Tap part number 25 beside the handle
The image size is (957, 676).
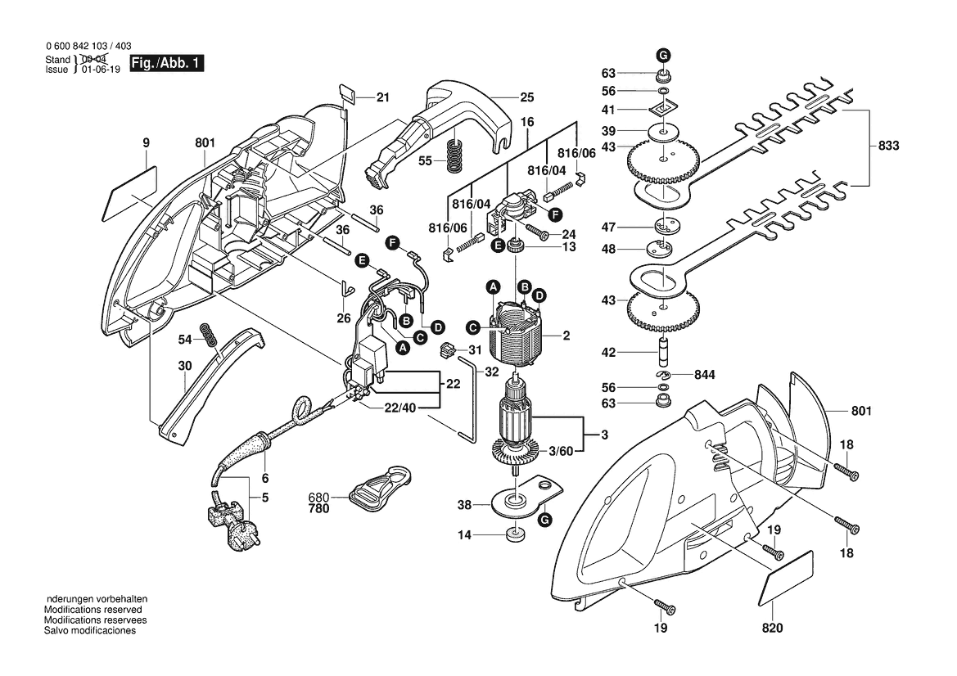[x=526, y=97]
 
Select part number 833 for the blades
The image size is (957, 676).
[x=888, y=146]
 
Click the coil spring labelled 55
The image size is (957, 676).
[x=452, y=155]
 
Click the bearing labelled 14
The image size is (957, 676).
[x=514, y=536]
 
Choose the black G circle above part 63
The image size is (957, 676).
[x=662, y=54]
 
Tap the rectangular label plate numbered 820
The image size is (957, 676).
[x=788, y=582]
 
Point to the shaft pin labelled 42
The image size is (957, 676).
[x=663, y=352]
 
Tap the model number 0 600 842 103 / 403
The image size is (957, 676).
[x=88, y=47]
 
